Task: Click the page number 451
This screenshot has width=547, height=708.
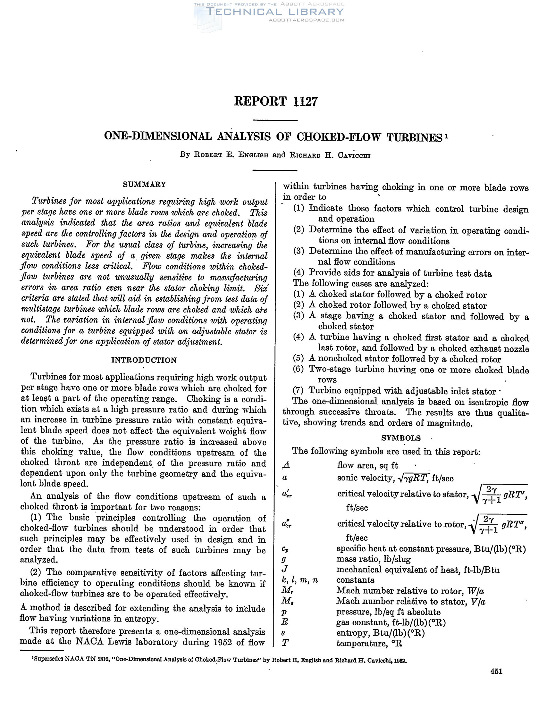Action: [496, 671]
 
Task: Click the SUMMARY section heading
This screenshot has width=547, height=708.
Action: [144, 185]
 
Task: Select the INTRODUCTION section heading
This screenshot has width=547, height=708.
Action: [144, 360]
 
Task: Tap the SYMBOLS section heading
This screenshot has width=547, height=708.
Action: [401, 438]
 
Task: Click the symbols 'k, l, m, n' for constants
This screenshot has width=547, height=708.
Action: [299, 580]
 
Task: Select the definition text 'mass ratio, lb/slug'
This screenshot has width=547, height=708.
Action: [374, 559]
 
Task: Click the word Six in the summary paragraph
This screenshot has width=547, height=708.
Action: [261, 288]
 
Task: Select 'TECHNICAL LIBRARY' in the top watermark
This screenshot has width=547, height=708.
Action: [274, 12]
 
